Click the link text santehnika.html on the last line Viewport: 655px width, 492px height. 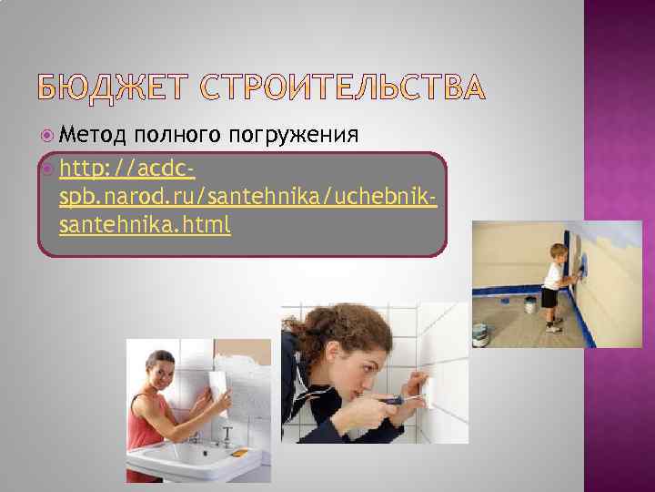144,223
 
